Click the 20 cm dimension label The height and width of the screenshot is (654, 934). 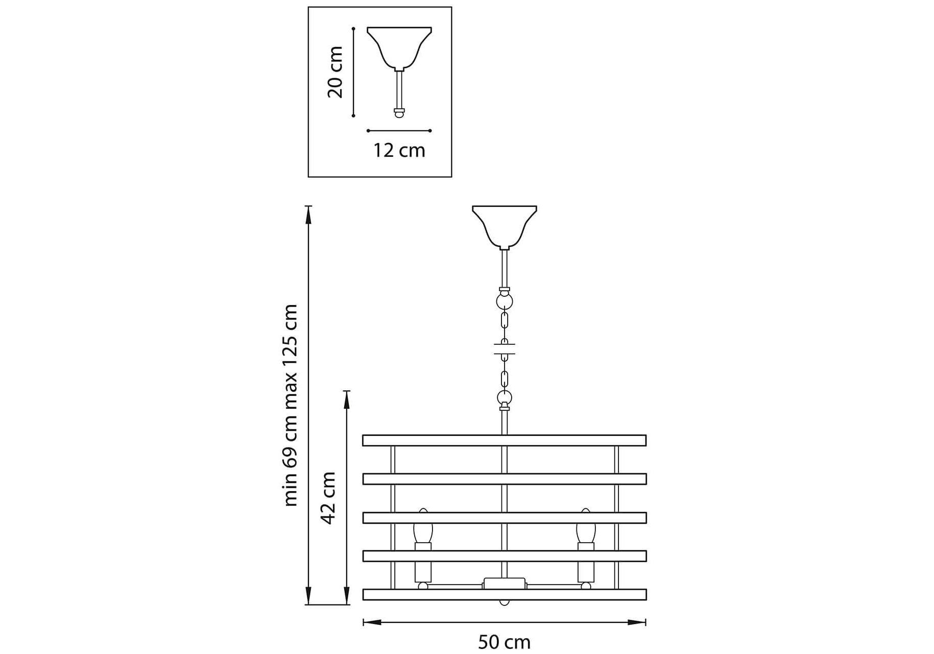(335, 72)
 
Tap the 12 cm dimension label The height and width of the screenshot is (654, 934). (399, 150)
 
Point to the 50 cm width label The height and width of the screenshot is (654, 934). (504, 642)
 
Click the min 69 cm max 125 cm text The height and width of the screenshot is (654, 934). (290, 405)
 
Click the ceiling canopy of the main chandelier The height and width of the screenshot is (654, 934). (505, 227)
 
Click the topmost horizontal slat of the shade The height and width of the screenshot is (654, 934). (505, 440)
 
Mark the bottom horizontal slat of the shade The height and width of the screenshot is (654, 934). (505, 594)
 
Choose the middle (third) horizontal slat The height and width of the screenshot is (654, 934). (505, 518)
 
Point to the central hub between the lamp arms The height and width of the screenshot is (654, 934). (505, 583)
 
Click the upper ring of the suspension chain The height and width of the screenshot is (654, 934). (505, 301)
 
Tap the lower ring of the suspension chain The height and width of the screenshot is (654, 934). (505, 398)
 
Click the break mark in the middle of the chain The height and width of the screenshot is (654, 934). (505, 349)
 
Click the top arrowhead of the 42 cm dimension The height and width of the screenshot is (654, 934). (347, 400)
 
